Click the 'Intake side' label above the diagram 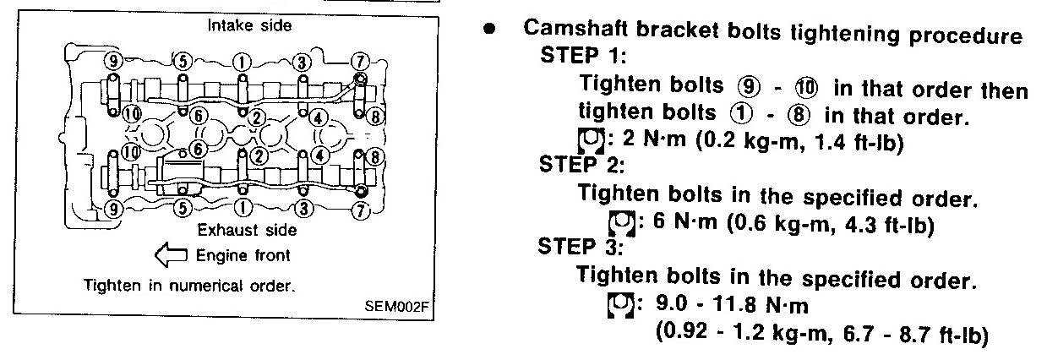pyautogui.click(x=249, y=25)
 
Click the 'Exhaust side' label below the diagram pyautogui.click(x=247, y=229)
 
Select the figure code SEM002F pyautogui.click(x=396, y=306)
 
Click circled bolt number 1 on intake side pyautogui.click(x=242, y=60)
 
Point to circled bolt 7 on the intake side pyautogui.click(x=360, y=60)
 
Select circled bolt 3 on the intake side pyautogui.click(x=301, y=60)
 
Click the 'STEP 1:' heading pyautogui.click(x=581, y=55)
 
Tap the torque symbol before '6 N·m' pyautogui.click(x=622, y=222)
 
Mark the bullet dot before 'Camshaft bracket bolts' pyautogui.click(x=488, y=28)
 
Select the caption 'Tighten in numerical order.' pyautogui.click(x=189, y=285)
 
